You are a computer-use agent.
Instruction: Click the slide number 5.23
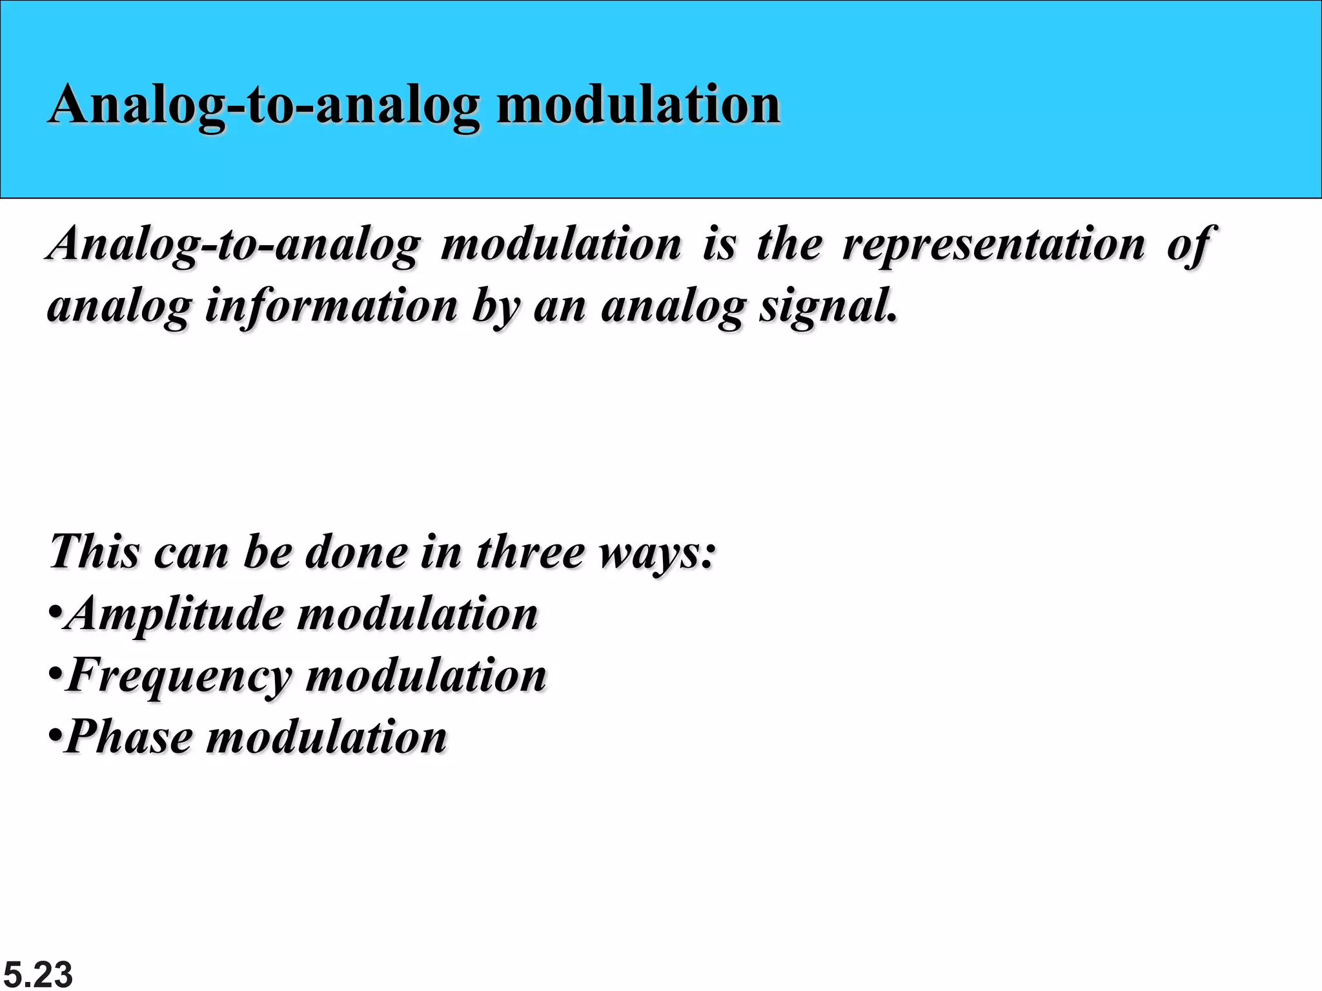pyautogui.click(x=37, y=974)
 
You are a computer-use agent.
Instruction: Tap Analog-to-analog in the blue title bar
pyautogui.click(x=265, y=106)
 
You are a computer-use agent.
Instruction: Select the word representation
pyautogui.click(x=993, y=245)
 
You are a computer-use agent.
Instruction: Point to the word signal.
pyautogui.click(x=827, y=307)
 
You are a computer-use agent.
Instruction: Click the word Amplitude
pyautogui.click(x=176, y=614)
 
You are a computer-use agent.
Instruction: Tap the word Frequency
pyautogui.click(x=179, y=676)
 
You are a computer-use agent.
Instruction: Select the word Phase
pyautogui.click(x=129, y=737)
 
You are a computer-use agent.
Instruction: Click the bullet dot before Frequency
pyautogui.click(x=56, y=674)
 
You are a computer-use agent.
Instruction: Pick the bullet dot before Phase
pyautogui.click(x=56, y=735)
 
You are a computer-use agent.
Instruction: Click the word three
pyautogui.click(x=530, y=552)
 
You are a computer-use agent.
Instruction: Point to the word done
pyautogui.click(x=356, y=552)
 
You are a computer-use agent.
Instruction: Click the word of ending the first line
pyautogui.click(x=1191, y=246)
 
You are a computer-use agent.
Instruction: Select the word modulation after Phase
pyautogui.click(x=326, y=737)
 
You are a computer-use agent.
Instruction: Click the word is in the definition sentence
pyautogui.click(x=719, y=245)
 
